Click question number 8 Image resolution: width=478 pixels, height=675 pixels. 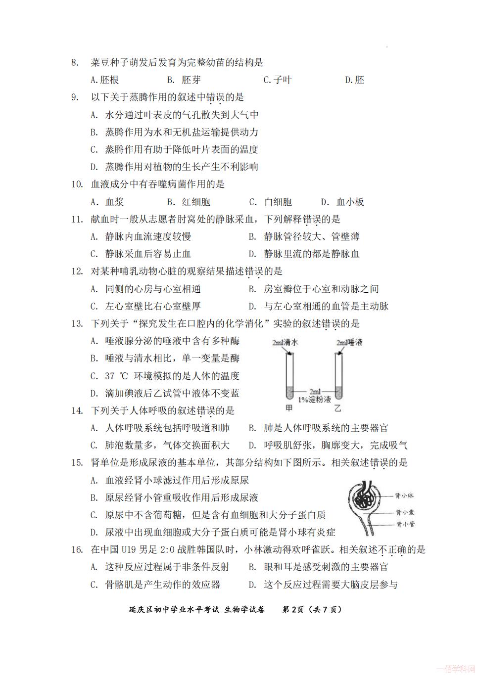tap(75, 63)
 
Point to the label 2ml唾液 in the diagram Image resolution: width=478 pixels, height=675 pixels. tap(349, 342)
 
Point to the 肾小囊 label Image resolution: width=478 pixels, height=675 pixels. tap(404, 512)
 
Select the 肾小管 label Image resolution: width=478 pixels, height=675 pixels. tap(404, 524)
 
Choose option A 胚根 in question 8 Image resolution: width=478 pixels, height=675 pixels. tap(104, 80)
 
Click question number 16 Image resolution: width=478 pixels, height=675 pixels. tap(76, 550)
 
